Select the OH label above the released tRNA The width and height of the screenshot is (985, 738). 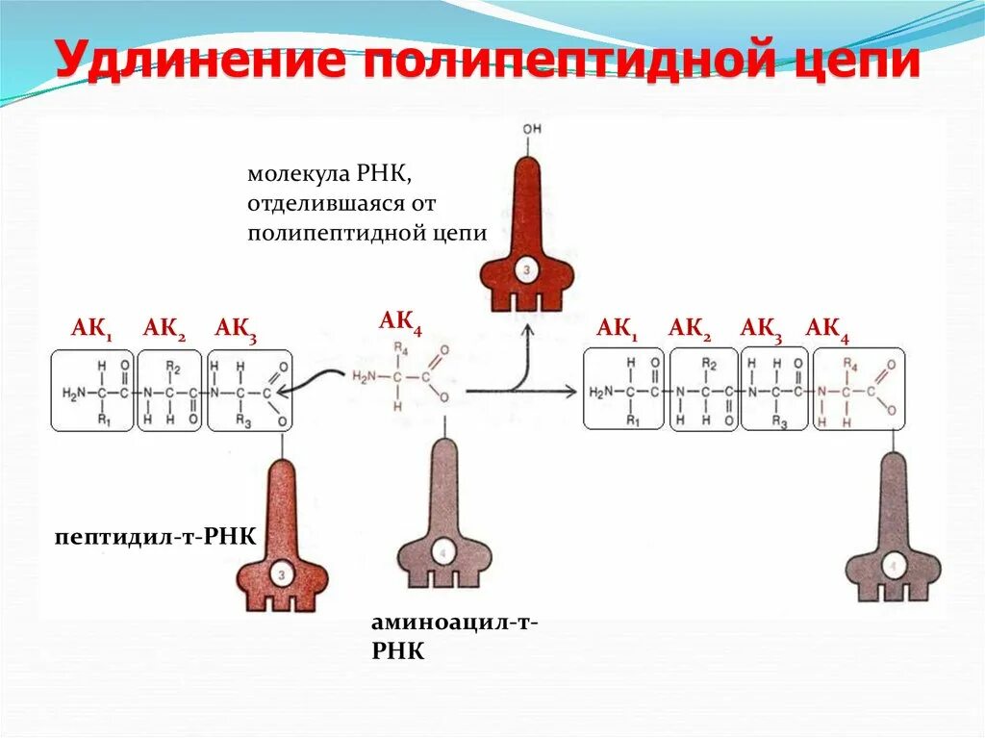pos(530,127)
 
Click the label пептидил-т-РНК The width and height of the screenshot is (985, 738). pos(156,535)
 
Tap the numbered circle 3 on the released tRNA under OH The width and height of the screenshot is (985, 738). pos(527,270)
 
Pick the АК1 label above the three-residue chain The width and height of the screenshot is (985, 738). pos(92,329)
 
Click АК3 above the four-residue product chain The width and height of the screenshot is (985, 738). pos(761,329)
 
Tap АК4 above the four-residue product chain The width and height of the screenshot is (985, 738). pos(827,329)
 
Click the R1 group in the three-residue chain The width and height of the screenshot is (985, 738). pos(104,420)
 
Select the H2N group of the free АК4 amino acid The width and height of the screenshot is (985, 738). pos(366,376)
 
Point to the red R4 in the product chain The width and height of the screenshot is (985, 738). pos(849,364)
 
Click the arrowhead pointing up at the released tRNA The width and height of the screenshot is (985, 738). pos(528,331)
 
